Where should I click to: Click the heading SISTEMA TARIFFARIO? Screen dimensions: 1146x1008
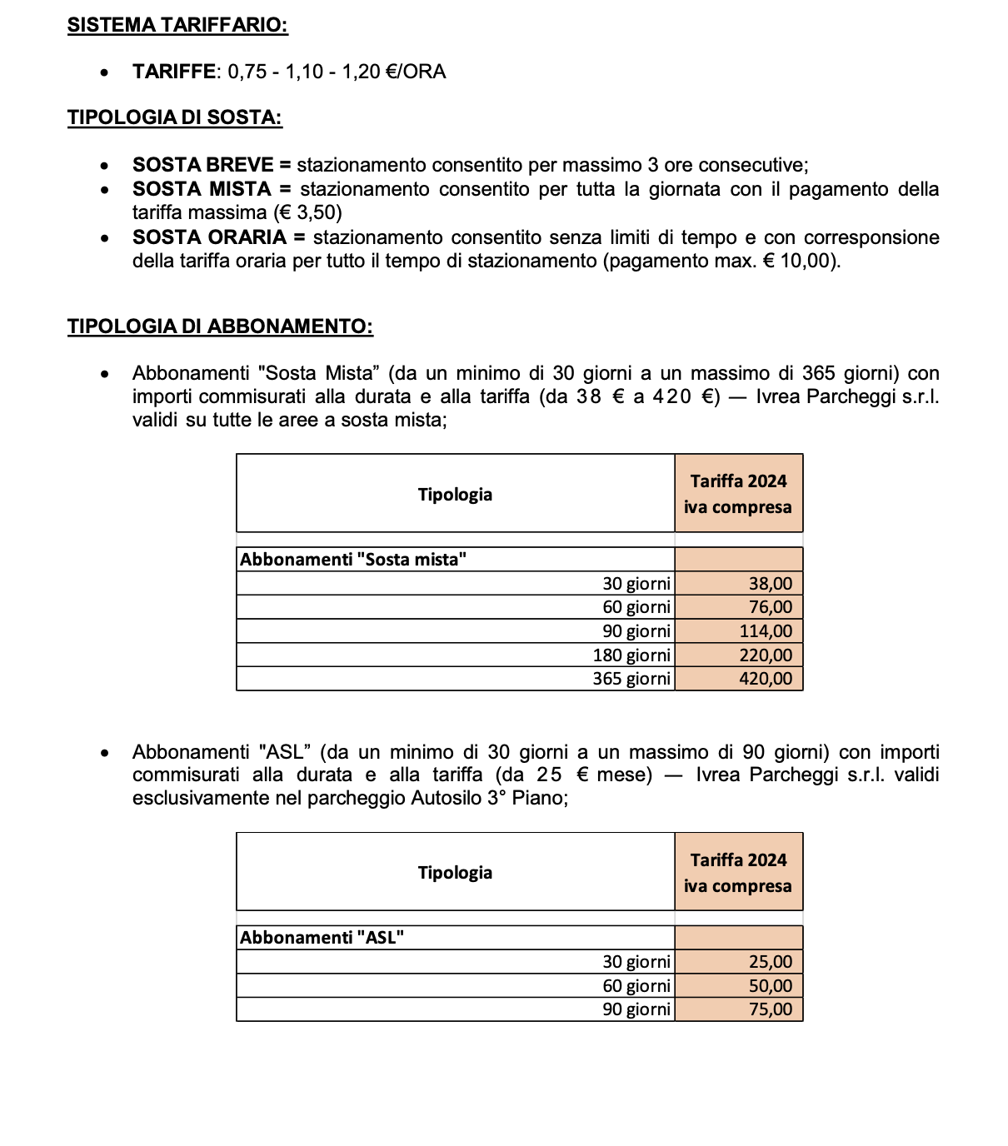pos(177,25)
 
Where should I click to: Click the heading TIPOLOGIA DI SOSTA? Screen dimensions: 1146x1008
pos(175,117)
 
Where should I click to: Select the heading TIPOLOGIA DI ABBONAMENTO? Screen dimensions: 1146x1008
pos(220,326)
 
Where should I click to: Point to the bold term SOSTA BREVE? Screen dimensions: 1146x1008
pos(202,165)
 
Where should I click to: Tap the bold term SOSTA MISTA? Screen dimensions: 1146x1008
pos(202,189)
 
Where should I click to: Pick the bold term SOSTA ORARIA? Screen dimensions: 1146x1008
pos(209,237)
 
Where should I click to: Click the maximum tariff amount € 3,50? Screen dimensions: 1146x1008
pos(307,212)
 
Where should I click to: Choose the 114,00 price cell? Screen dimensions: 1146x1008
pos(766,631)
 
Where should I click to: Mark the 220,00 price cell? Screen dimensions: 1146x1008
pos(766,655)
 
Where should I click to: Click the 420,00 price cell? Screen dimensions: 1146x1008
pos(766,679)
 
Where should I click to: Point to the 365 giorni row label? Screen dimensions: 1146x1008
pos(631,679)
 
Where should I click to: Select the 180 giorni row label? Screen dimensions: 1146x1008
pos(631,655)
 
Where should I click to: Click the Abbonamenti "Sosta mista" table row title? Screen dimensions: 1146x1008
pos(353,560)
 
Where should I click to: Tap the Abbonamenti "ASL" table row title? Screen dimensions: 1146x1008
pos(322,938)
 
